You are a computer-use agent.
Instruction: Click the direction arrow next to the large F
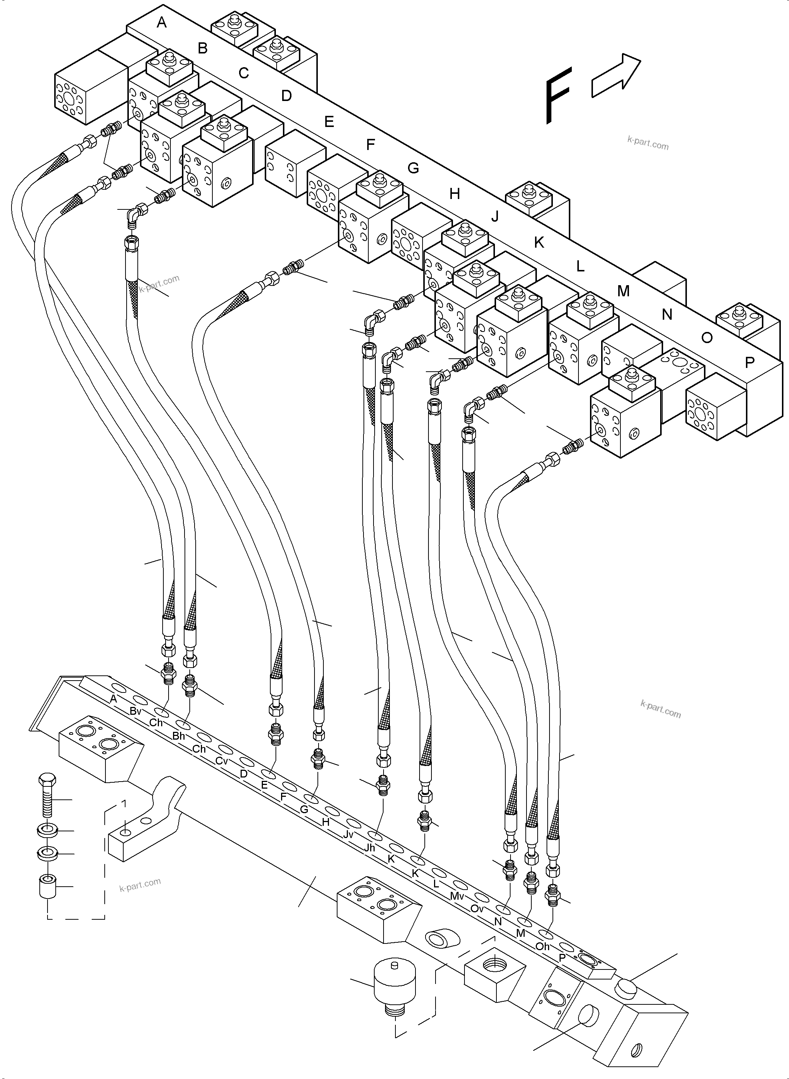[616, 76]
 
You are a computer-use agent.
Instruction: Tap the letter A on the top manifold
[162, 22]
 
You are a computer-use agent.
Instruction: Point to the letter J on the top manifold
[495, 216]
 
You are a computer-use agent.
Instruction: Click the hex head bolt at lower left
[47, 795]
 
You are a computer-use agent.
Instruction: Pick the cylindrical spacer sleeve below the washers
[47, 887]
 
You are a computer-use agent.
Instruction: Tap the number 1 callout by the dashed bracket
[124, 803]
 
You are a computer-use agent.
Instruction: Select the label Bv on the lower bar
[135, 711]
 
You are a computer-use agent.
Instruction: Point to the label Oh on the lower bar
[542, 946]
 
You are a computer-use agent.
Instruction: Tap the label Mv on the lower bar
[457, 896]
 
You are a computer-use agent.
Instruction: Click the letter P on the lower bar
[562, 958]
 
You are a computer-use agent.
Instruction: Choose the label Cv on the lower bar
[221, 761]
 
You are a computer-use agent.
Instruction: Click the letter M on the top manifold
[623, 290]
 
